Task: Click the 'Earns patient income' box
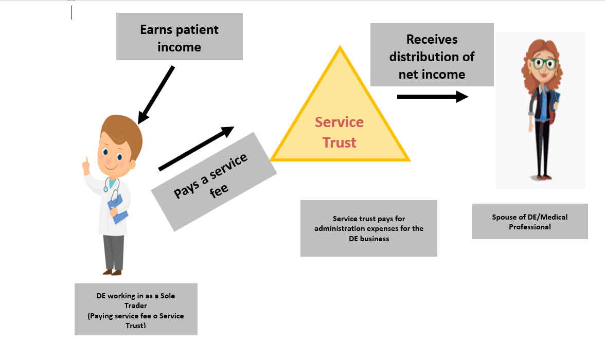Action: click(x=179, y=37)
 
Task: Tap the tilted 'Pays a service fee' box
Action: click(x=213, y=181)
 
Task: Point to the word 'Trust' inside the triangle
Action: click(x=340, y=142)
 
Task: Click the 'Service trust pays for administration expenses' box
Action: click(x=369, y=228)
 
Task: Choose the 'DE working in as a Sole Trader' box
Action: click(x=136, y=309)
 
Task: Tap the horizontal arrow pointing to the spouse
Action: click(x=433, y=97)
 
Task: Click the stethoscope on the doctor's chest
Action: click(x=111, y=184)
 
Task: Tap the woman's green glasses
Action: click(x=544, y=64)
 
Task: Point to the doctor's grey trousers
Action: click(x=114, y=251)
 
